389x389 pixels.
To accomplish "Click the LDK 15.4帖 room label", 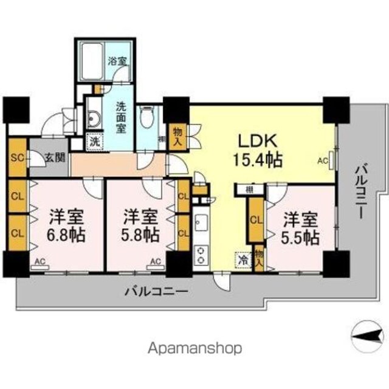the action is (x=257, y=150).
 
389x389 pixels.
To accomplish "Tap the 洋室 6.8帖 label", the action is (x=66, y=225).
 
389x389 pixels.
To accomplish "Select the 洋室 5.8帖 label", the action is (x=140, y=225).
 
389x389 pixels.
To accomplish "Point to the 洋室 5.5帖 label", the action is (x=300, y=229).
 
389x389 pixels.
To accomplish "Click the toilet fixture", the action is (x=147, y=117).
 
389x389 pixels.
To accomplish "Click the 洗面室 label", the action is (x=122, y=117).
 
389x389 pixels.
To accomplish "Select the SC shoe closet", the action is (x=18, y=157).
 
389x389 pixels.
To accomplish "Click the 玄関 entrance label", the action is (x=55, y=157).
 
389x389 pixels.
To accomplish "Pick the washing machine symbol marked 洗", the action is (x=95, y=142).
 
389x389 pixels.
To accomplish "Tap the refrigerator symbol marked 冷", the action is (x=243, y=260).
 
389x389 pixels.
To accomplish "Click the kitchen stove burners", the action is (x=201, y=256).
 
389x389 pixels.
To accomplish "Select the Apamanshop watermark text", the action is (x=194, y=348).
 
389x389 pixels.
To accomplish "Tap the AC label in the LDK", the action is (x=323, y=160).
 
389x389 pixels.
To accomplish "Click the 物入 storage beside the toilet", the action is (x=177, y=137).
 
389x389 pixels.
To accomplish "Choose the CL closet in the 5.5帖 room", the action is (x=256, y=219).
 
